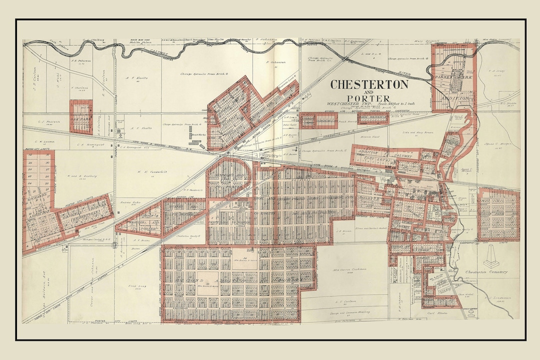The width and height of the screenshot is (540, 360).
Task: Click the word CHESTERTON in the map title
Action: pos(369,84)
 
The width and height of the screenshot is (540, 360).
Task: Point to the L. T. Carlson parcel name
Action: pos(345,301)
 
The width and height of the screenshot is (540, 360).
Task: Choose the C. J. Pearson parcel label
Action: pos(48,121)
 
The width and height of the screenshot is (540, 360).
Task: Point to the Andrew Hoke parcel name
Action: pos(129,202)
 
